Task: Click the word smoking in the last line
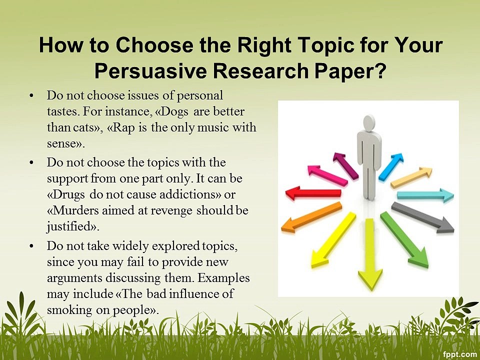pyautogui.click(x=68, y=309)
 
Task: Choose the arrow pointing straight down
pyautogui.click(x=370, y=254)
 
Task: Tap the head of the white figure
pyautogui.click(x=369, y=122)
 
